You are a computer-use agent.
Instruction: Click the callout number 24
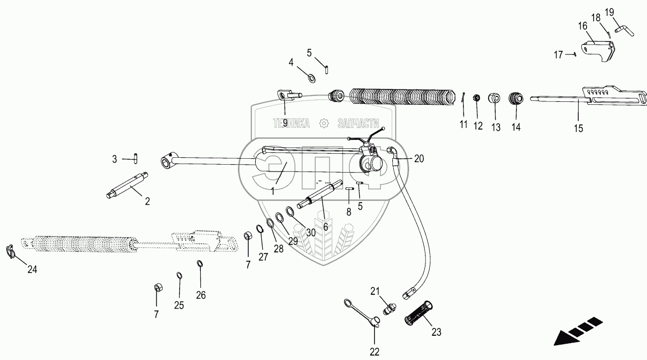point(32,270)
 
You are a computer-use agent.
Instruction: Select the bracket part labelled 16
point(599,51)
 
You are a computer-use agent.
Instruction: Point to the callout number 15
point(578,128)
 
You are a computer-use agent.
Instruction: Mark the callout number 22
point(374,352)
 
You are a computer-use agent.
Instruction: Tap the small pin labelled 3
point(136,158)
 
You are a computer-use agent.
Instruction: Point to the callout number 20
point(419,159)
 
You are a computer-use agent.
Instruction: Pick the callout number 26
point(200,295)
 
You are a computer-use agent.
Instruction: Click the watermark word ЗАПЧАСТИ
point(358,124)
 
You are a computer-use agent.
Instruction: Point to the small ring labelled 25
point(179,275)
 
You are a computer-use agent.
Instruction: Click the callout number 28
point(278,249)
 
